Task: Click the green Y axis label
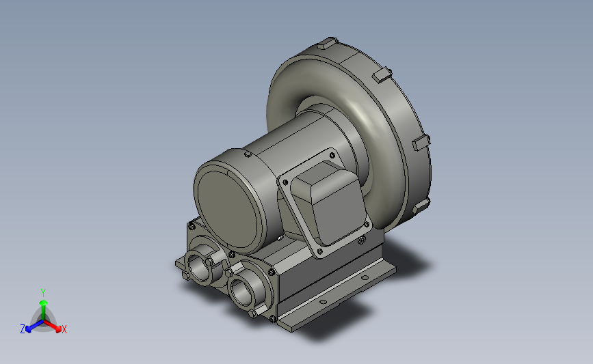[42, 293]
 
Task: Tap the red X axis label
[64, 329]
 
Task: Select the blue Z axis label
[23, 329]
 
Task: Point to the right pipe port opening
[243, 291]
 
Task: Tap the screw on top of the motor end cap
[248, 154]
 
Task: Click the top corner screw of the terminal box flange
[332, 155]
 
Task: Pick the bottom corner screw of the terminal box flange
[320, 251]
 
